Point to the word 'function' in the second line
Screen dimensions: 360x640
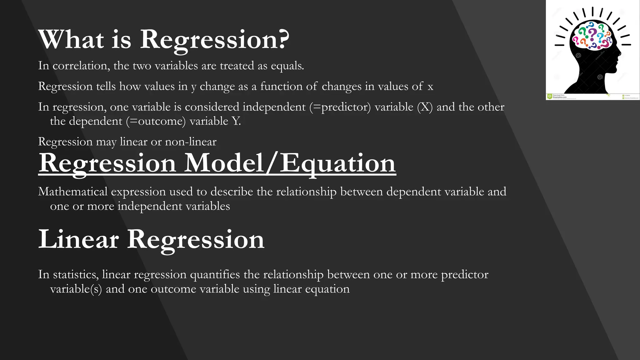click(x=281, y=86)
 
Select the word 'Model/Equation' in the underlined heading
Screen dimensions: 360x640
click(x=290, y=163)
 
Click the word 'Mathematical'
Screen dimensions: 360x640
click(x=73, y=192)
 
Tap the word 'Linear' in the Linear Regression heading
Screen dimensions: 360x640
click(x=78, y=239)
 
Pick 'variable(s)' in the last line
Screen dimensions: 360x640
click(x=76, y=289)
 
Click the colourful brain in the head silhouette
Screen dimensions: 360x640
click(x=592, y=35)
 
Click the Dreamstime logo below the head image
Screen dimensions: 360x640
click(x=550, y=96)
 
